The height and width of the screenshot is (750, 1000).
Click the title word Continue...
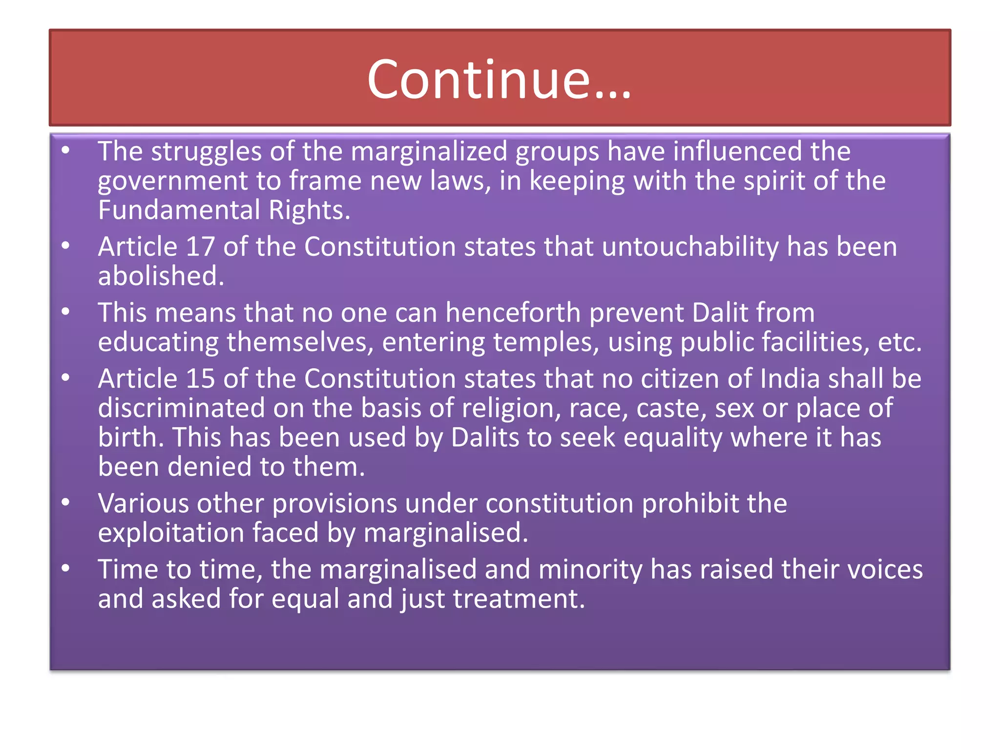click(499, 80)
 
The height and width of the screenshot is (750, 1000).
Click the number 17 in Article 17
click(200, 247)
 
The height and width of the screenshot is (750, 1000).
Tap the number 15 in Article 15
click(200, 378)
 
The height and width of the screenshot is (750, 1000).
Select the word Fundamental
click(179, 210)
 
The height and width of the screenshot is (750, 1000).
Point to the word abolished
click(161, 276)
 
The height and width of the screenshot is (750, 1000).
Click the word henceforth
click(513, 312)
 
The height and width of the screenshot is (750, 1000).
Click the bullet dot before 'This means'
click(66, 312)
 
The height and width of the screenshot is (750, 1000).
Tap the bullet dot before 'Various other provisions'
click(66, 502)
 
